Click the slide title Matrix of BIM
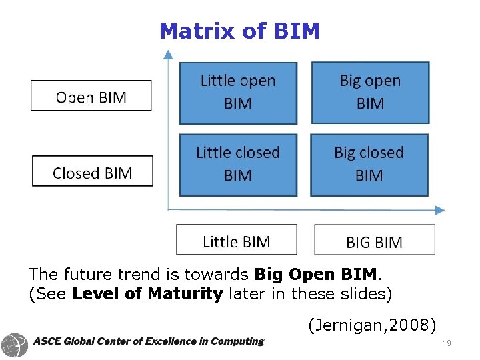pyautogui.click(x=239, y=31)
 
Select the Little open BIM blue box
pyautogui.click(x=238, y=93)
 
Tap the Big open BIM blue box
pyautogui.click(x=370, y=93)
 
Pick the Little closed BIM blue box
pyautogui.click(x=237, y=165)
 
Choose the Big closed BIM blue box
pyautogui.click(x=369, y=165)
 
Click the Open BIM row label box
pyautogui.click(x=91, y=96)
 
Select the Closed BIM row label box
pyautogui.click(x=92, y=172)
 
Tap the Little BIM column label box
pyautogui.click(x=236, y=240)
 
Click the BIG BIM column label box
pyautogui.click(x=374, y=241)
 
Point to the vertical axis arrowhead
pyautogui.click(x=168, y=51)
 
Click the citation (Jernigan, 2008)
pyautogui.click(x=372, y=325)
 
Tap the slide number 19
pyautogui.click(x=446, y=343)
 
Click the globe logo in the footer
pyautogui.click(x=15, y=345)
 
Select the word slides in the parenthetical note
pyautogui.click(x=365, y=293)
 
